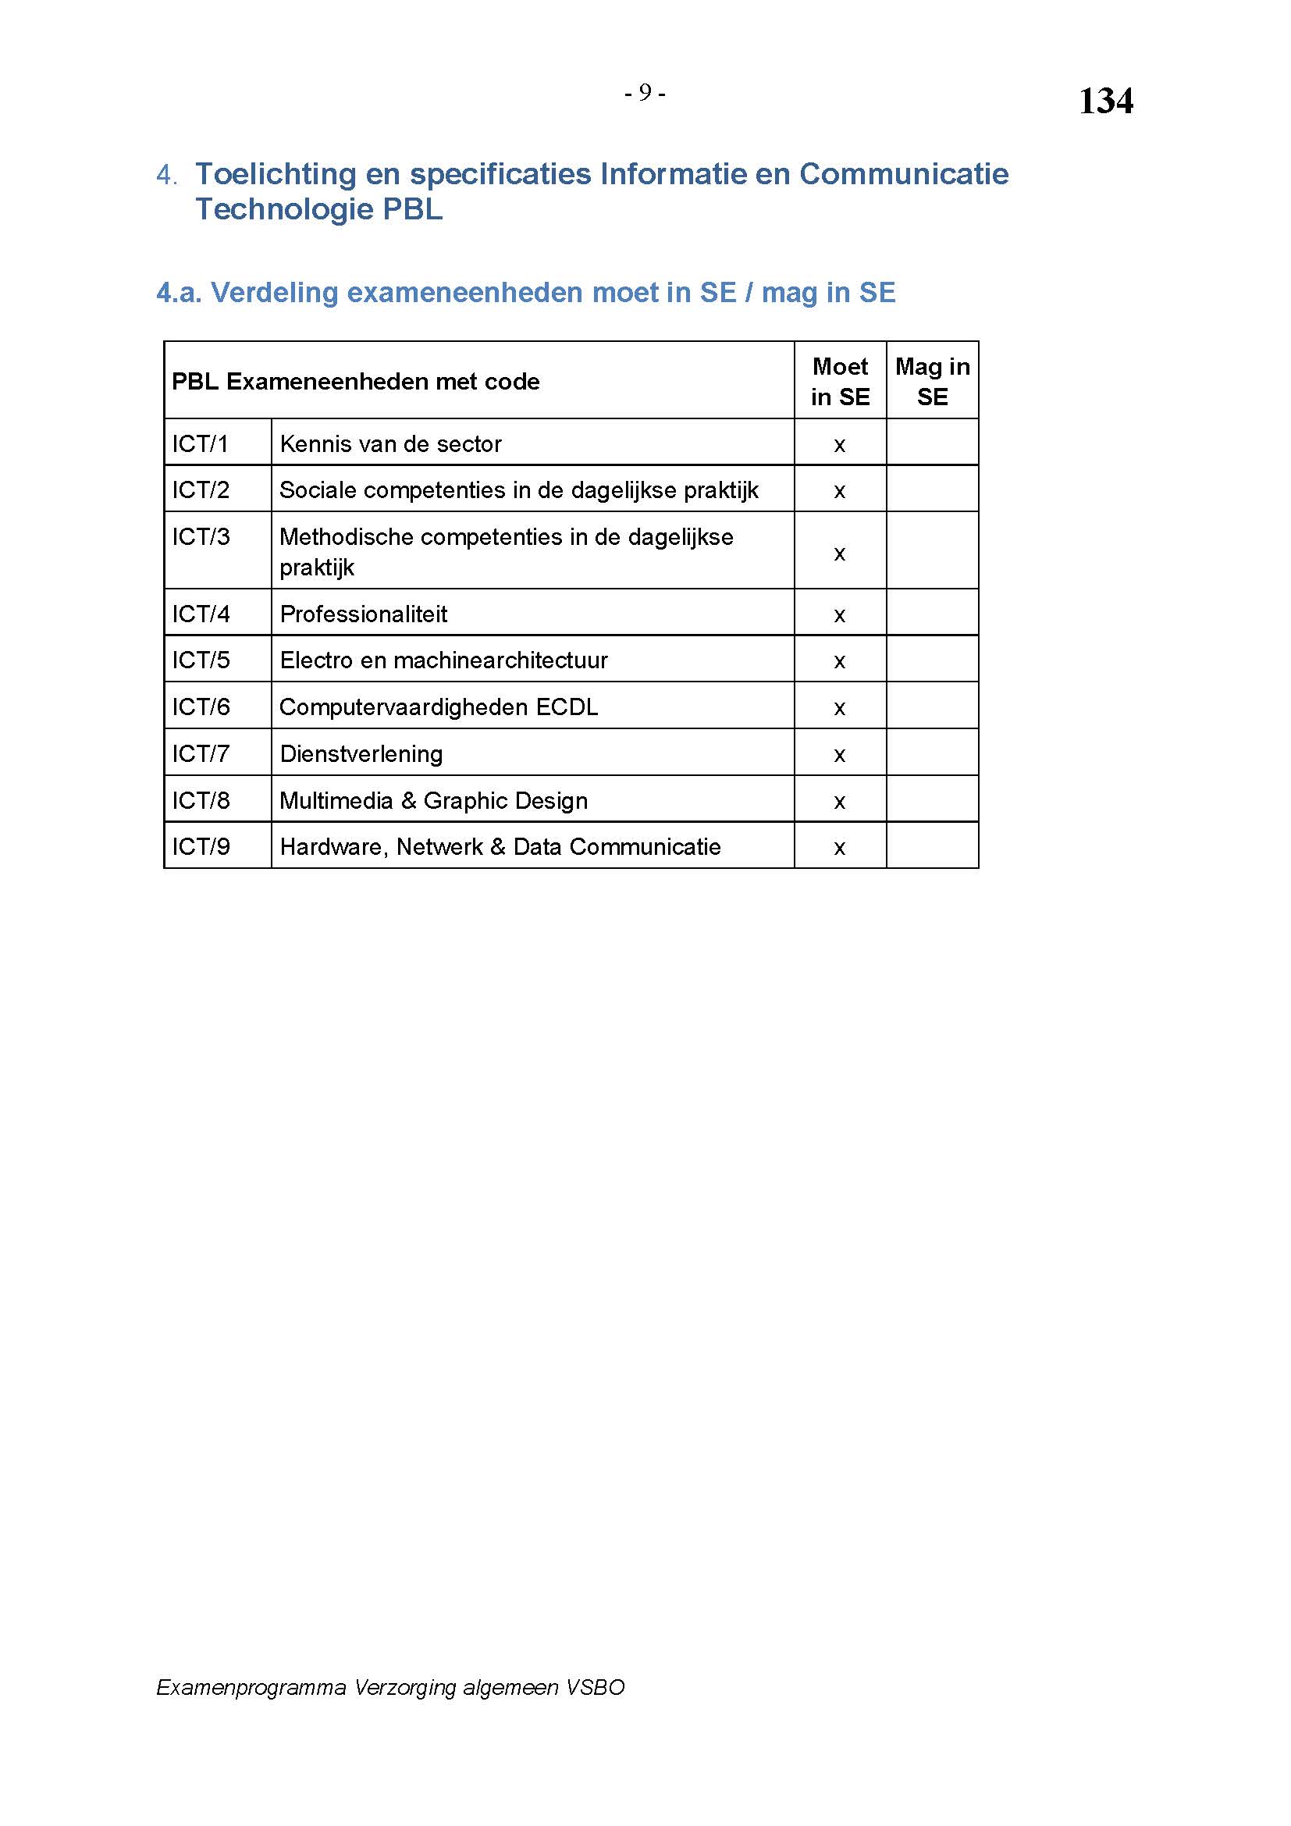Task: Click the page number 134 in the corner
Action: coord(1105,101)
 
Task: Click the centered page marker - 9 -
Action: coord(645,93)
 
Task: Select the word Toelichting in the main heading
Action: coord(276,174)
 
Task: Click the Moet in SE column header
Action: coord(840,381)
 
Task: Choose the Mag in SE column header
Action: coord(932,381)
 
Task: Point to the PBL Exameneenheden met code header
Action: coord(355,382)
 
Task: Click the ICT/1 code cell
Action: coord(201,443)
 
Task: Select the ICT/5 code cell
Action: coord(201,660)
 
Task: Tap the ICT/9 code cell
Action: coord(201,847)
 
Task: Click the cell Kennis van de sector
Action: coord(390,443)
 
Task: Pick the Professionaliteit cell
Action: coord(363,614)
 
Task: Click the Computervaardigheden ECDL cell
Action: coord(438,707)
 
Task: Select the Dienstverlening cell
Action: coord(361,754)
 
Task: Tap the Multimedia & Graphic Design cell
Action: coord(433,801)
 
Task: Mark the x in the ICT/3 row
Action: coord(840,553)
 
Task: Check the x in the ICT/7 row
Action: coord(840,755)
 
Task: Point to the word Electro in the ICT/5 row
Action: coord(315,660)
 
